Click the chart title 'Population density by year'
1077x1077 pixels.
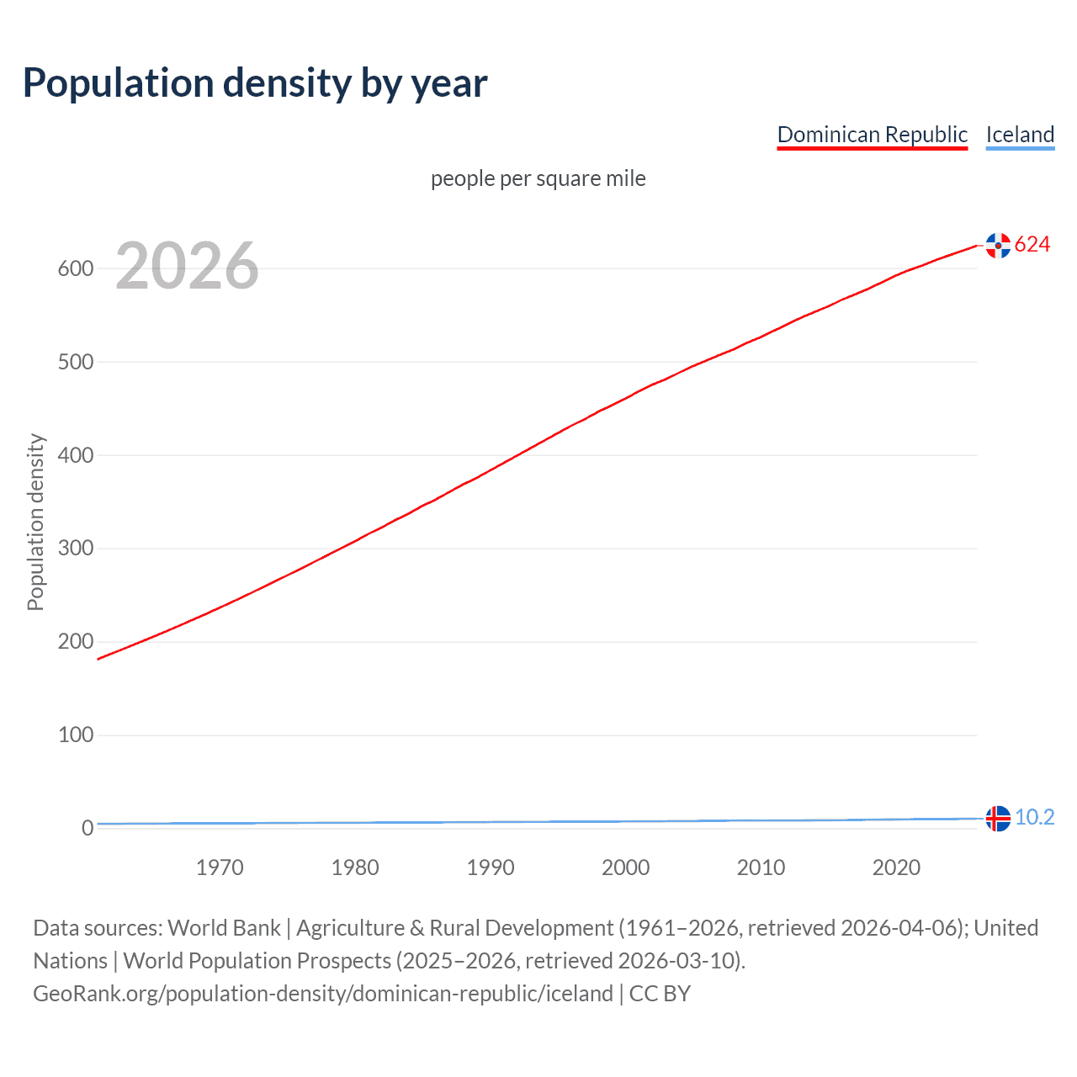click(255, 83)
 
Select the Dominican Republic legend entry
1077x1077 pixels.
click(872, 135)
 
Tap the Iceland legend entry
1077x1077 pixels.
click(1020, 135)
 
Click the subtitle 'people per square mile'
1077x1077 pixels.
click(538, 178)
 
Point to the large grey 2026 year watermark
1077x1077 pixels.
click(187, 266)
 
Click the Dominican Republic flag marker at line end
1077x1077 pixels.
click(998, 245)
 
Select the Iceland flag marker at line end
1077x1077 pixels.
click(998, 818)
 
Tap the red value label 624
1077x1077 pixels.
click(1032, 245)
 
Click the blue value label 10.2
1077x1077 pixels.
click(1034, 818)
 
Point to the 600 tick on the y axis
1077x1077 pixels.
click(75, 268)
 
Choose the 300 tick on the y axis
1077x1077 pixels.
click(75, 549)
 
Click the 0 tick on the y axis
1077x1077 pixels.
click(88, 829)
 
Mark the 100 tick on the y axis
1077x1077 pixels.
click(75, 735)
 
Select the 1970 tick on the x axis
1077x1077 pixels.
click(220, 867)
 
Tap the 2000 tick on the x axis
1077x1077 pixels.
click(625, 867)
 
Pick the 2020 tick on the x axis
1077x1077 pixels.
click(896, 867)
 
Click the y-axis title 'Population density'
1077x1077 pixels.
click(35, 522)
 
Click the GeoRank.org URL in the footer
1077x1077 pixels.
click(323, 994)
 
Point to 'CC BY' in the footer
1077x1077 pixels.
click(660, 994)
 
